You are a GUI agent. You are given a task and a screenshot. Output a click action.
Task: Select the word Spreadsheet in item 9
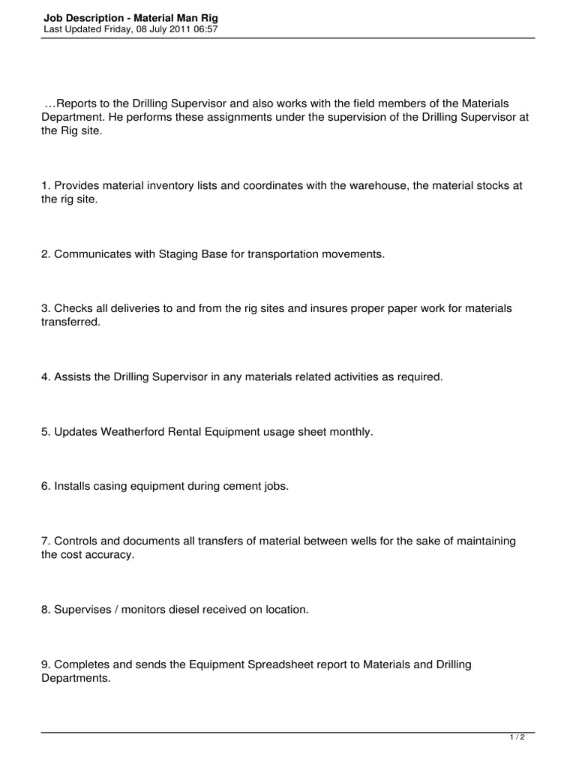pyautogui.click(x=283, y=664)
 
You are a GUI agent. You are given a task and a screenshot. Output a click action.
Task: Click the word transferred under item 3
pyautogui.click(x=70, y=322)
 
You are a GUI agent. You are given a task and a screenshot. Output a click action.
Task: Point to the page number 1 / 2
pyautogui.click(x=517, y=738)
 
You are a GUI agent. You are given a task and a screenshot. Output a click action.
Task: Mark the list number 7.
pyautogui.click(x=46, y=541)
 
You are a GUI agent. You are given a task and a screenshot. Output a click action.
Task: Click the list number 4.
pyautogui.click(x=46, y=377)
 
